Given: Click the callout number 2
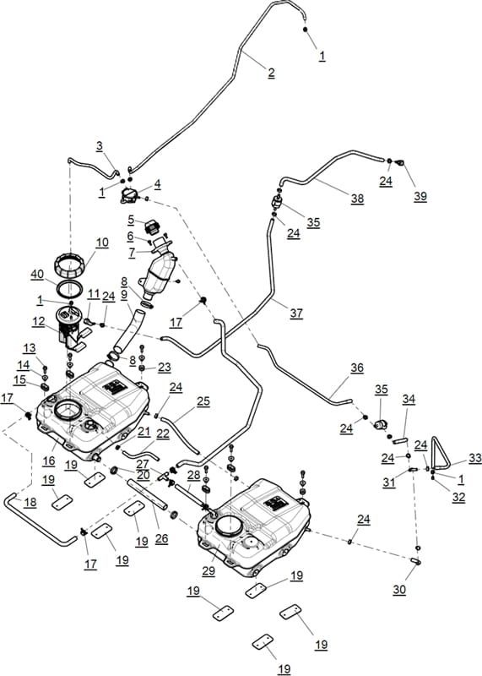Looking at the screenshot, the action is [x=271, y=73].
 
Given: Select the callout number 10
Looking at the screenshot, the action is [x=102, y=243].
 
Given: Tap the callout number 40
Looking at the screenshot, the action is [x=37, y=275].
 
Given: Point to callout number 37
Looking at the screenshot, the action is [x=296, y=313].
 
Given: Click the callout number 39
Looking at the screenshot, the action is [x=420, y=196].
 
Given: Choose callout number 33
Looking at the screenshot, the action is [x=475, y=458].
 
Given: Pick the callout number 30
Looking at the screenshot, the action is [x=399, y=589].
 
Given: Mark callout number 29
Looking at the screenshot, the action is [x=209, y=571].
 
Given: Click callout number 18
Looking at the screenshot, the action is [x=30, y=502].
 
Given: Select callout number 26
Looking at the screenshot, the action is [x=161, y=538].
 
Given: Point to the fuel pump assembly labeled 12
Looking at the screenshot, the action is [x=72, y=329].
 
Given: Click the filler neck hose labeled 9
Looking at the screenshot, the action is [x=129, y=330].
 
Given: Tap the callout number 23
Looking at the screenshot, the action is [x=164, y=368].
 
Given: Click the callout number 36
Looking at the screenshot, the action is [x=357, y=368].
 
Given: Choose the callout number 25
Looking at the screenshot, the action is [x=203, y=401].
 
